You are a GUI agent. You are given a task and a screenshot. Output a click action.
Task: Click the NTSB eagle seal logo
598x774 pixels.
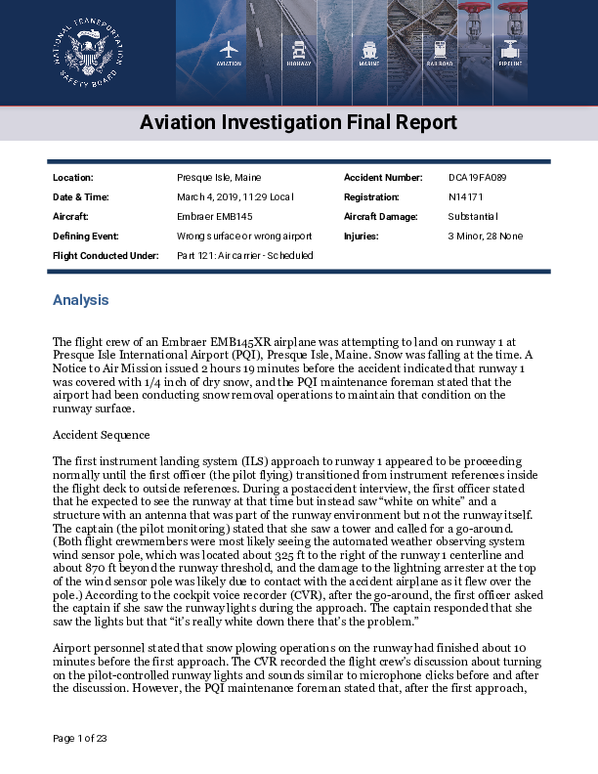click(88, 52)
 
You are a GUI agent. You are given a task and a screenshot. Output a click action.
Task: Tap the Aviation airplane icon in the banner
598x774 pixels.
click(229, 50)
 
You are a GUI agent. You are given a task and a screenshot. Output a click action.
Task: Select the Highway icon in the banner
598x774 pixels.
click(299, 50)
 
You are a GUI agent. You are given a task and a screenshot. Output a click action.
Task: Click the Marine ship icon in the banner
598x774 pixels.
click(369, 50)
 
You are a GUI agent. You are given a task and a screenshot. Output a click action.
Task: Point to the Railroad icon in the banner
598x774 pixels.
click(440, 50)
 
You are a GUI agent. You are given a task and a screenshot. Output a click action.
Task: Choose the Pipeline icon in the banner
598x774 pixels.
click(510, 50)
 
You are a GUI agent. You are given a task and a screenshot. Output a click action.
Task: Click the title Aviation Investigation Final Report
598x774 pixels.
click(298, 123)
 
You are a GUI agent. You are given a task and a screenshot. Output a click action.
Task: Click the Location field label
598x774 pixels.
click(73, 178)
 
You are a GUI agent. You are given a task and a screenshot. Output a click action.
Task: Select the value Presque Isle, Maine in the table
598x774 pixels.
click(218, 178)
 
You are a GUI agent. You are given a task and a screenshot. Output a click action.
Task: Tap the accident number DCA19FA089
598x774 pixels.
click(477, 178)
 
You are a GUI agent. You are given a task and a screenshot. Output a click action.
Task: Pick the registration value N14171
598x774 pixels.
click(465, 197)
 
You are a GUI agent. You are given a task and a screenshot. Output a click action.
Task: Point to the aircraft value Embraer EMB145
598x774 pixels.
click(215, 217)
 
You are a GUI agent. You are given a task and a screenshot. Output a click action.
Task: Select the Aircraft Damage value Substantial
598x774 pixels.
click(473, 217)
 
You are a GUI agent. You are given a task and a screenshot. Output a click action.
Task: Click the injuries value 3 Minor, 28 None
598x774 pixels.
click(485, 236)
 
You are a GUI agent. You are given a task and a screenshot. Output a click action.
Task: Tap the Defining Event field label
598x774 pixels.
click(86, 236)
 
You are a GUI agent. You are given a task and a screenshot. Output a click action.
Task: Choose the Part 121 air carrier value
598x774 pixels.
click(244, 256)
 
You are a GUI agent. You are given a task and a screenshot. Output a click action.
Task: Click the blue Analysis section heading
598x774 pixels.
click(80, 300)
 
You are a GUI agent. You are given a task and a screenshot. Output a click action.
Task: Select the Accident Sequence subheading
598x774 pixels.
click(101, 434)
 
